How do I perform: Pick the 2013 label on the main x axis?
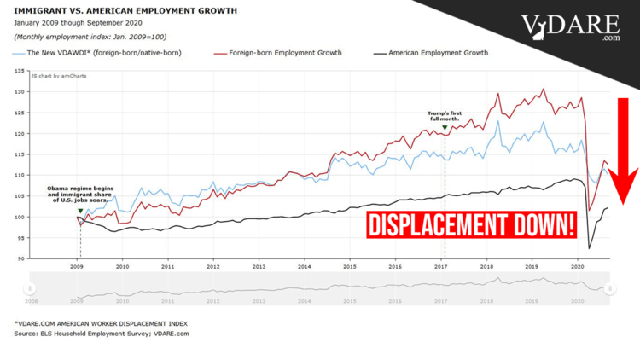pos(259,266)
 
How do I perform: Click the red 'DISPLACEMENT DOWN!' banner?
pos(472,226)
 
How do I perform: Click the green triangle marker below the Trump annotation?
pos(445,128)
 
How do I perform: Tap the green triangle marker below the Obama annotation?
pos(79,210)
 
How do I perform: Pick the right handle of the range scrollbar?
pos(609,290)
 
